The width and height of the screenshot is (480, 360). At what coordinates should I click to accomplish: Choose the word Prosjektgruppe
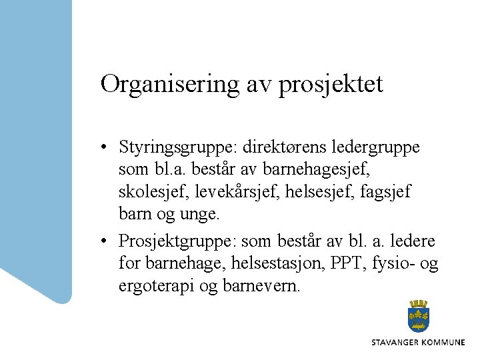tap(179, 239)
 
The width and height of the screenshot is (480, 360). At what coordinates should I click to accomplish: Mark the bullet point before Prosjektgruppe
tap(105, 240)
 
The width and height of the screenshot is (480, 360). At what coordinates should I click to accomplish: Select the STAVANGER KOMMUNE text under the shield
tap(418, 342)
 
